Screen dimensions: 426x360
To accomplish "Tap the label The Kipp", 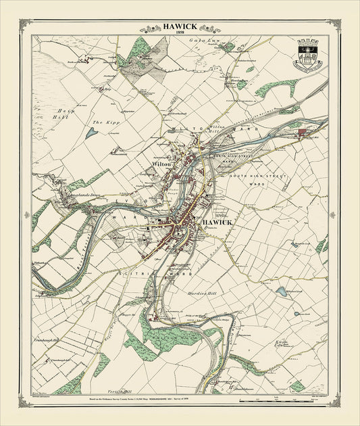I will (101, 123).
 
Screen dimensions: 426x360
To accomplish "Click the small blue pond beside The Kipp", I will (91, 133).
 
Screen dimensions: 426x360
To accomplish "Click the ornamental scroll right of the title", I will (209, 29).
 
